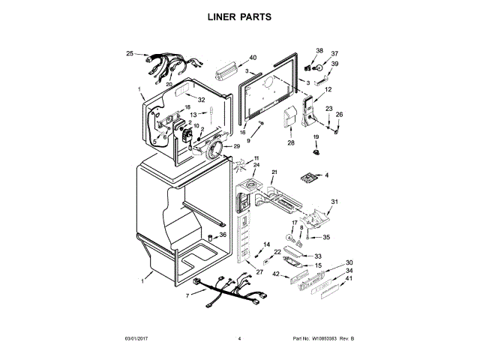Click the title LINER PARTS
239,16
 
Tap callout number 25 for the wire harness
130,54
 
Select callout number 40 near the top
252,58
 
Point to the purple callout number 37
335,53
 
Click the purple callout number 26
338,114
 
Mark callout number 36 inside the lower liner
222,235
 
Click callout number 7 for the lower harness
188,295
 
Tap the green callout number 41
349,279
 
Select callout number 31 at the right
335,202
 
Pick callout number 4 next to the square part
325,175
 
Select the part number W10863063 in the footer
328,340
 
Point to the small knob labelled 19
315,152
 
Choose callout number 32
201,100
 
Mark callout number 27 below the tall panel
259,272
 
